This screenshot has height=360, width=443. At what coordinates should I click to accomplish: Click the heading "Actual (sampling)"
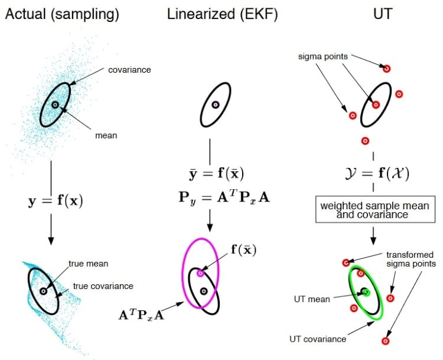[62, 14]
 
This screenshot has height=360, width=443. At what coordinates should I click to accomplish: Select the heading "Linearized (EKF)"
[223, 14]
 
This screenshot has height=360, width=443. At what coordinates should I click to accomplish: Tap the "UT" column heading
[383, 14]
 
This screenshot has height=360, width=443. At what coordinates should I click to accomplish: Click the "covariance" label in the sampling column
[129, 70]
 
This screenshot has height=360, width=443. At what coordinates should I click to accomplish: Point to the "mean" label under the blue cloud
[106, 135]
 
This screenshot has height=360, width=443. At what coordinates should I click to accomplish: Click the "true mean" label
[89, 264]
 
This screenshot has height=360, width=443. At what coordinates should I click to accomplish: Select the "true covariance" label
[103, 286]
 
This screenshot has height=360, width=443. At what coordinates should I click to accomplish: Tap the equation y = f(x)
[56, 201]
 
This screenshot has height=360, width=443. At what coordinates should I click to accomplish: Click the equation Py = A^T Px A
[224, 197]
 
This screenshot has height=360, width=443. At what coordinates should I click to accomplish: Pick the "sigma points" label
[323, 57]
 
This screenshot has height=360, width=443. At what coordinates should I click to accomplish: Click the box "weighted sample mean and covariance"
[375, 209]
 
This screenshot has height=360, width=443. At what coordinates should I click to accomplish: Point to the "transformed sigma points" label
[411, 260]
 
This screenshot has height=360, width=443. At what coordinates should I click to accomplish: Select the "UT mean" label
[312, 299]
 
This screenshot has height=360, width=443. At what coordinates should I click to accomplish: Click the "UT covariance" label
[318, 339]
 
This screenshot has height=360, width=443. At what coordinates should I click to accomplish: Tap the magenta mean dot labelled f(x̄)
[200, 273]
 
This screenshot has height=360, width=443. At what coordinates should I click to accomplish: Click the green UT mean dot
[366, 292]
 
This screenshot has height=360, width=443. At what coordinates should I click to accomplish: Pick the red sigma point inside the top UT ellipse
[376, 105]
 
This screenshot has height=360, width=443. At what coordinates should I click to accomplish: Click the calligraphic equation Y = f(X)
[377, 173]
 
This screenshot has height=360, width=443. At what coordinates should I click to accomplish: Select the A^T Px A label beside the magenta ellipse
[141, 314]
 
